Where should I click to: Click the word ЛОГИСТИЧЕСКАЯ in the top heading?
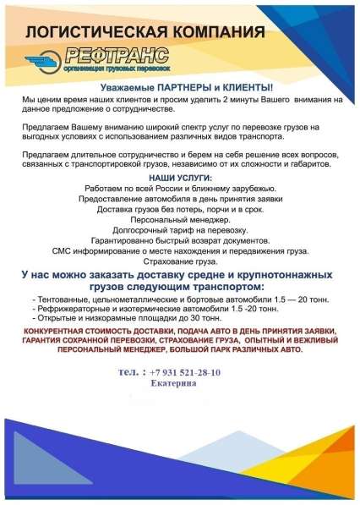(94, 33)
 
